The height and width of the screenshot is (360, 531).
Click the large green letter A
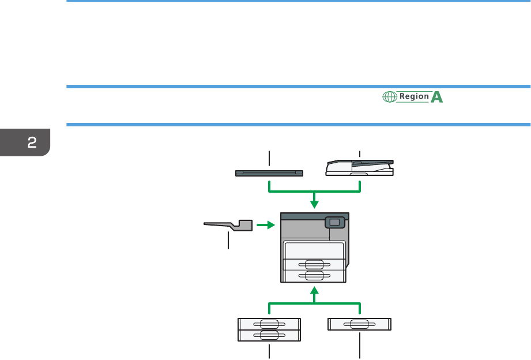(x=437, y=97)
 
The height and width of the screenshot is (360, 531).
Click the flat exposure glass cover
(x=269, y=172)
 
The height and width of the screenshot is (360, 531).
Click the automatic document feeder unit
(x=360, y=168)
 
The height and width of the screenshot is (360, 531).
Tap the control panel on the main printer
(x=334, y=222)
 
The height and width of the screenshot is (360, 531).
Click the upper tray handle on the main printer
(x=314, y=264)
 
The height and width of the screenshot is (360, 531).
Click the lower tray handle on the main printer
(x=314, y=275)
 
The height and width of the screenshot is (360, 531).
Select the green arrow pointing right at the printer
(x=264, y=225)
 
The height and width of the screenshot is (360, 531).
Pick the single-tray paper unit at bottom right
(x=359, y=324)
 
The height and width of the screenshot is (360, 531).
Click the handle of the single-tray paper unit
(x=359, y=324)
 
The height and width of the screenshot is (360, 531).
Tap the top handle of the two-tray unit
(x=269, y=324)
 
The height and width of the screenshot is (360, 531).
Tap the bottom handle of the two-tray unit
(x=269, y=335)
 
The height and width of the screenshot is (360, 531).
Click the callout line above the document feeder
(x=360, y=154)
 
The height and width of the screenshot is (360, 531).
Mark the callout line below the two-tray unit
(x=269, y=350)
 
